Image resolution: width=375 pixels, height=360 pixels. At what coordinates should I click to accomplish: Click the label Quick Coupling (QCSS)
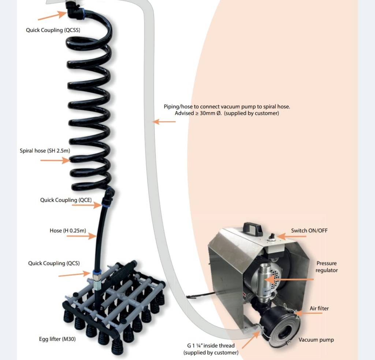tap(53, 30)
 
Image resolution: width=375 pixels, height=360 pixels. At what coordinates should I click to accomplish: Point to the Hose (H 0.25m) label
tap(68, 231)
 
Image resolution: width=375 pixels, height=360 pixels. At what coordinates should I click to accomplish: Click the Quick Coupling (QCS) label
tap(54, 264)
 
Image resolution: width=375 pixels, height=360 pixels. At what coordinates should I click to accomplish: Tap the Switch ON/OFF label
tap(309, 231)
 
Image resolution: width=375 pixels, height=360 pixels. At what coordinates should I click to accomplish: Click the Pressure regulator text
tap(327, 267)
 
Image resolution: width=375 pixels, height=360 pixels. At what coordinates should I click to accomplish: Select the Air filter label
tap(319, 308)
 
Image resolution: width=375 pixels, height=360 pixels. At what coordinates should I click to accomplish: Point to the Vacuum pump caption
tap(316, 340)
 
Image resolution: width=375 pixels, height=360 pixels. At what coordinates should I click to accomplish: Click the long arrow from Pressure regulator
tap(289, 279)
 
